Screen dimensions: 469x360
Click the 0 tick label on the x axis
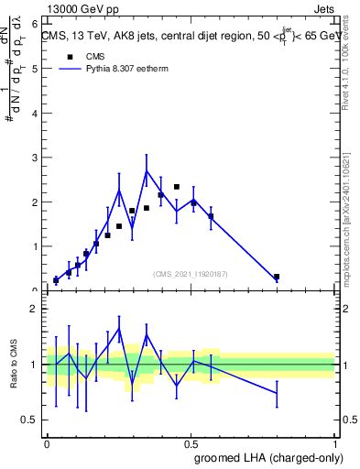48,442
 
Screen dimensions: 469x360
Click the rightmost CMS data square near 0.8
277,277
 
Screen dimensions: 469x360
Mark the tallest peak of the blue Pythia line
147,170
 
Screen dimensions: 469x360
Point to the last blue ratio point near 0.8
277,393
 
